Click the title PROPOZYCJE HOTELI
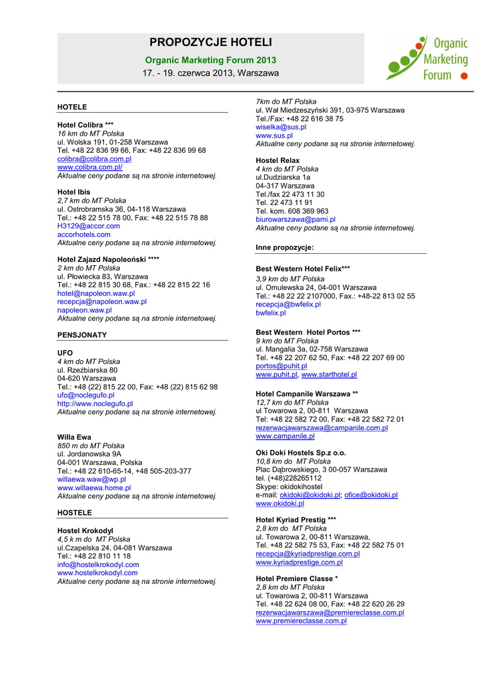point(210,43)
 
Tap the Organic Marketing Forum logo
point(427,59)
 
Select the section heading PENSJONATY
point(82,335)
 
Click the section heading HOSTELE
point(75,513)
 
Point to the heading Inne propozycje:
point(284,248)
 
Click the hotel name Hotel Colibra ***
point(85,125)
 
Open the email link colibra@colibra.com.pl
point(94,159)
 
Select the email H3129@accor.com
point(89,226)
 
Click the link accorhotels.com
point(84,234)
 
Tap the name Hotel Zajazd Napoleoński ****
point(108,259)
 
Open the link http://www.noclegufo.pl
point(95,403)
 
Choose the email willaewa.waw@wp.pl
point(91,479)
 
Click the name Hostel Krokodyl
point(85,530)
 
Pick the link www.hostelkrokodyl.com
point(97,572)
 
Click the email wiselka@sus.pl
point(281,127)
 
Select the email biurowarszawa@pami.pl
point(296,219)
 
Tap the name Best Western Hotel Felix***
point(303,269)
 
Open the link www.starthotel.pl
point(329,375)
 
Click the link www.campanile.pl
point(285,436)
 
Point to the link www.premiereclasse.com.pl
point(301,621)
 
